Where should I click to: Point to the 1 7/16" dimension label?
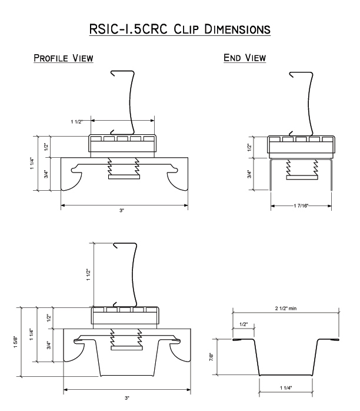[x=299, y=205]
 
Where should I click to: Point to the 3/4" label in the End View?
[x=249, y=174]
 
